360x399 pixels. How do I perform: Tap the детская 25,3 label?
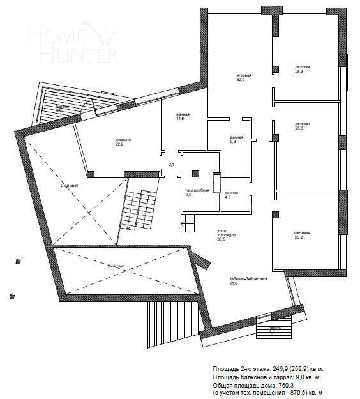pyautogui.click(x=302, y=69)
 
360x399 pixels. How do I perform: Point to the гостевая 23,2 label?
pyautogui.click(x=303, y=235)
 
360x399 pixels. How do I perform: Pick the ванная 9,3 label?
pyautogui.click(x=236, y=139)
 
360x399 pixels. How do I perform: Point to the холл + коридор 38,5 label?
pyautogui.click(x=227, y=235)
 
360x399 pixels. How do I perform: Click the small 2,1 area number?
pyautogui.click(x=171, y=165)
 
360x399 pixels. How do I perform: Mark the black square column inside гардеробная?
pyautogui.click(x=195, y=172)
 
